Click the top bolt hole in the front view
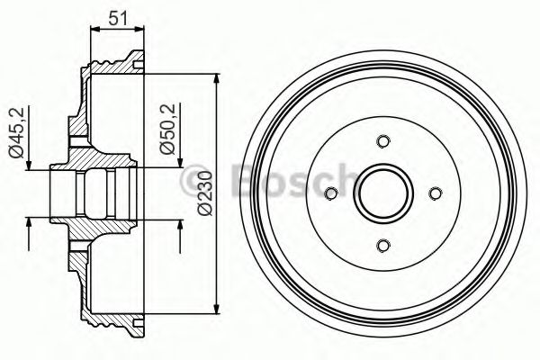click(x=383, y=140)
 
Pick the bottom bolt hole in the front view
click(x=383, y=246)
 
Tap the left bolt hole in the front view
click(x=330, y=193)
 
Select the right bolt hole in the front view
click(x=436, y=193)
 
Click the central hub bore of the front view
click(x=383, y=193)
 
